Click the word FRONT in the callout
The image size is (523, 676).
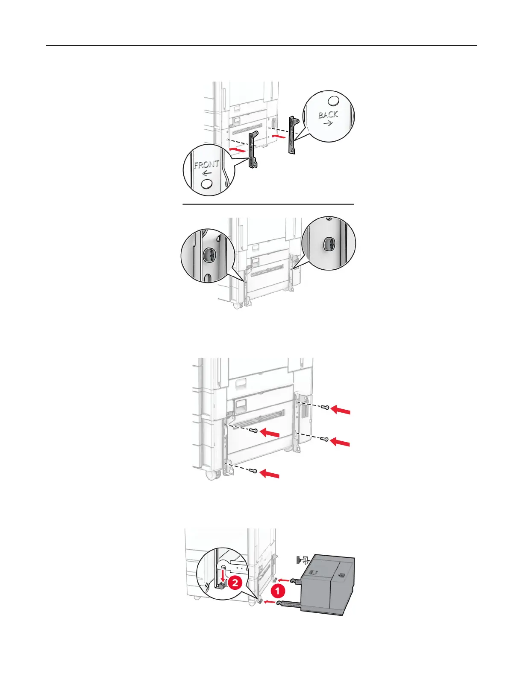tap(206, 165)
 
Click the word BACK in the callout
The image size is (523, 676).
tap(328, 114)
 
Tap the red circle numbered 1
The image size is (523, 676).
tap(278, 591)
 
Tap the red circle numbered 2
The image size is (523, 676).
tap(235, 583)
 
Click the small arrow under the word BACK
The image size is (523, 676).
tap(328, 123)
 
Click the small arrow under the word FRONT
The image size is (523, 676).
tap(207, 173)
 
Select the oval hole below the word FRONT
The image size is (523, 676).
tap(207, 184)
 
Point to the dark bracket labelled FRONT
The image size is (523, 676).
tap(253, 150)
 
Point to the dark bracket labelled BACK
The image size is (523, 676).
tap(293, 134)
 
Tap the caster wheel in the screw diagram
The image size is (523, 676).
tap(210, 475)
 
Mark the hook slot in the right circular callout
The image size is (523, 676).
tap(328, 244)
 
